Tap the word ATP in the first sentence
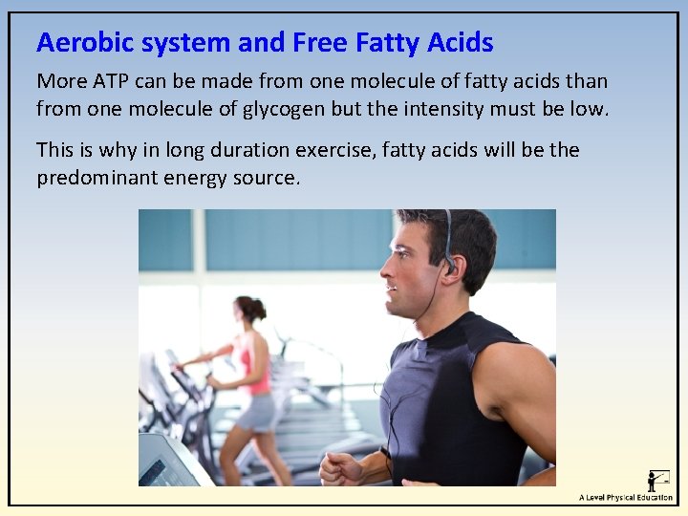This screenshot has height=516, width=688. point(105,82)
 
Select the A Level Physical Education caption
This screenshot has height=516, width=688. point(625,498)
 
